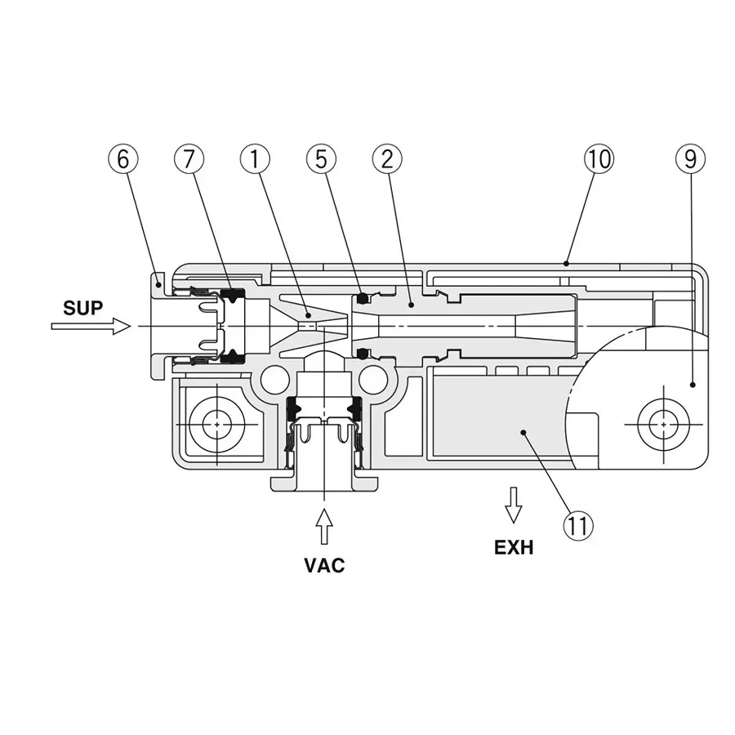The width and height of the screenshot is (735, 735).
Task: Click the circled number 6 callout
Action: [122, 159]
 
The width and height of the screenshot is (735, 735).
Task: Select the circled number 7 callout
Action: [189, 159]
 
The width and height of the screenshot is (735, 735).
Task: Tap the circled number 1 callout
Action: [255, 159]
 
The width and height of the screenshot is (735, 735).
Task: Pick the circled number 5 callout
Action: [321, 159]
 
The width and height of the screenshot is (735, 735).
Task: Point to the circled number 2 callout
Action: [387, 159]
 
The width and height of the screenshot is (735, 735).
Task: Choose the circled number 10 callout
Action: [599, 159]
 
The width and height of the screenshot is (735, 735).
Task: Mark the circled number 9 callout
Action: [690, 159]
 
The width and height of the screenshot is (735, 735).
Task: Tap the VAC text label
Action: [324, 565]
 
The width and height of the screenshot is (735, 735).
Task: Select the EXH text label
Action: [514, 548]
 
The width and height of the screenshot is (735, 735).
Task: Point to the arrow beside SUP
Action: [91, 327]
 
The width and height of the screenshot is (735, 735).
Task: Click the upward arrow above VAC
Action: [324, 527]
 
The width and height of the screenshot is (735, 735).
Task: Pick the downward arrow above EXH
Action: [513, 505]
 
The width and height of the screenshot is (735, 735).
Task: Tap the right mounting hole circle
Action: [663, 425]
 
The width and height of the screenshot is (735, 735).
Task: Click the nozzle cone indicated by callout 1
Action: [302, 325]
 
